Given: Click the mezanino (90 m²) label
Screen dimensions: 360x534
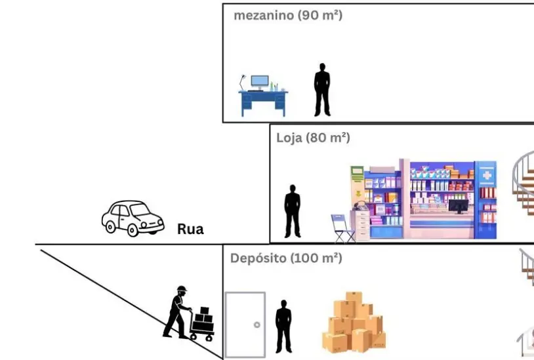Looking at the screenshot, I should (x=288, y=15).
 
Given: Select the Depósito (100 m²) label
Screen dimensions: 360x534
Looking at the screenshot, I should (x=286, y=258).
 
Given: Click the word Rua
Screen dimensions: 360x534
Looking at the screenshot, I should (x=190, y=230).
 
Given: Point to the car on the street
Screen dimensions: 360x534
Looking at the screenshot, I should (x=132, y=218).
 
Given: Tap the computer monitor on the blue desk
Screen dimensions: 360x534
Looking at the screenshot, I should (x=260, y=83).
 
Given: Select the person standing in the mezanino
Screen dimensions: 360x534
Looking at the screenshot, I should (x=321, y=90).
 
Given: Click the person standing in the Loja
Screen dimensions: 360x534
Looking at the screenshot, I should (x=292, y=211).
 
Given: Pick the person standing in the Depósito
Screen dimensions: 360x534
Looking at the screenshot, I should (x=283, y=326).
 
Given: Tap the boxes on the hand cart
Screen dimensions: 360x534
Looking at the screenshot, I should (x=204, y=319).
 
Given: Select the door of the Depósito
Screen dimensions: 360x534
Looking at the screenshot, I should (x=245, y=325).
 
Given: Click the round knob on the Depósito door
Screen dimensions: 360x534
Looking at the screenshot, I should (x=257, y=325).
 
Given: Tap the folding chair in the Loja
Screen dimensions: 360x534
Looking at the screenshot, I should (x=342, y=228).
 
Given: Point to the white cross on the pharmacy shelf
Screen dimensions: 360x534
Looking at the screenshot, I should (x=486, y=176).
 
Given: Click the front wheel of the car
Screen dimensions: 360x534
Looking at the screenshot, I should (x=134, y=230).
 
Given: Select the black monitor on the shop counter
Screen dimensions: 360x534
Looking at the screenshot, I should (x=458, y=205).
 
